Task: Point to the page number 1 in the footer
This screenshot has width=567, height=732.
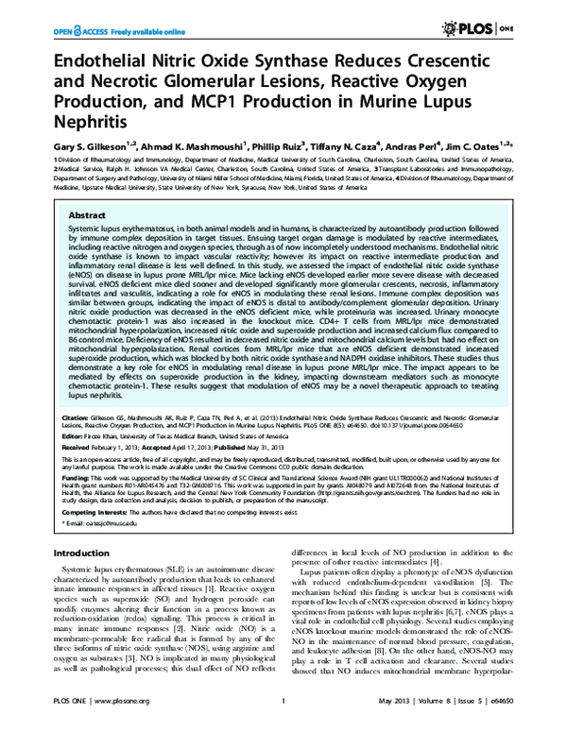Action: [283, 715]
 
